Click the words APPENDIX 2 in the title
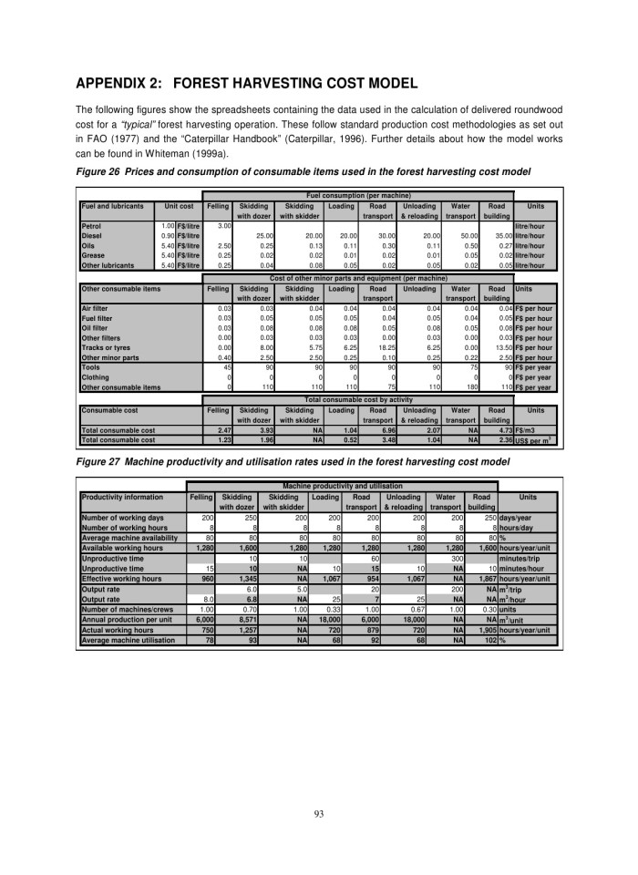click(x=136, y=83)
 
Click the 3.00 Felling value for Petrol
click(x=219, y=225)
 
